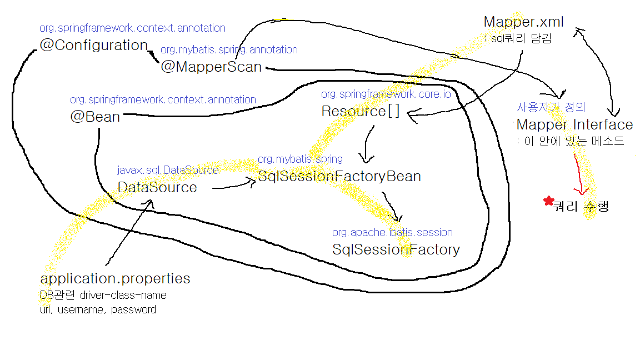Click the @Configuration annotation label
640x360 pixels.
tap(93, 46)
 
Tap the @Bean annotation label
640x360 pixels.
tap(95, 117)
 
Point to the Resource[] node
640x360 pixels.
tap(361, 111)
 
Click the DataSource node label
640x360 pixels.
tap(157, 187)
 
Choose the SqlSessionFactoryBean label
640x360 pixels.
tap(339, 177)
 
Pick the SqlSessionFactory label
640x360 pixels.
tap(396, 249)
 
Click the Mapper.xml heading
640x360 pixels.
tap(524, 22)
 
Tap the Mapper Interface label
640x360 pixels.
tap(574, 124)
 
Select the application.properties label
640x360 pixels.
tap(115, 278)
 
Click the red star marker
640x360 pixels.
tap(549, 201)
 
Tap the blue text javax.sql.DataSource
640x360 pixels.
tap(168, 170)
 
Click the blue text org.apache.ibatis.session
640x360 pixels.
tap(392, 232)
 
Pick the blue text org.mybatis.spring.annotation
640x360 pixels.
tap(229, 50)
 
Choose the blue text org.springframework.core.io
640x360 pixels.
tap(386, 94)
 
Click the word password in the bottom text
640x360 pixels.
tap(133, 309)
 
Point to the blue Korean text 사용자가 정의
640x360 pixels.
tap(551, 107)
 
